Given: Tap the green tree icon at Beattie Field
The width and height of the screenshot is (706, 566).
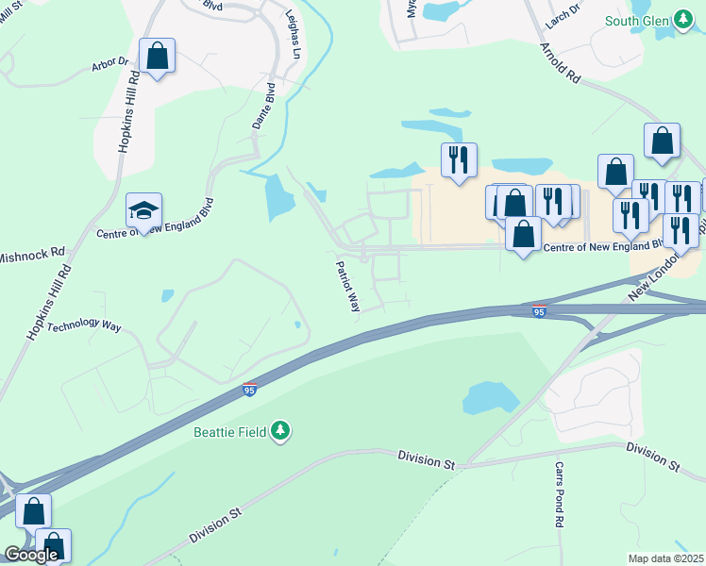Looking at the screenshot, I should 279,432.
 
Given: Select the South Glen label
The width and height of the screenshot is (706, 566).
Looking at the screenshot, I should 636,21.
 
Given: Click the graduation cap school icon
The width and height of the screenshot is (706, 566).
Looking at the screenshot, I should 144,210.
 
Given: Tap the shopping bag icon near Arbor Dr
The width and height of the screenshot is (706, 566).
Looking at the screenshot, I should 157,56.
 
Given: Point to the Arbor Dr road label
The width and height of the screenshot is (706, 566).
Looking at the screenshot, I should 109,64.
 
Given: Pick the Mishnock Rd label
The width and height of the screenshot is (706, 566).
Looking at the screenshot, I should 32,255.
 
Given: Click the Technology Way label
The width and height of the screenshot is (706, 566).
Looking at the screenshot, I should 84,326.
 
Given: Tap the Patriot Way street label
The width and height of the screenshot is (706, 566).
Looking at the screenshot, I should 348,287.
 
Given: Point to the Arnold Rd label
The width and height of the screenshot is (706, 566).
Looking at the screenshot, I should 560,64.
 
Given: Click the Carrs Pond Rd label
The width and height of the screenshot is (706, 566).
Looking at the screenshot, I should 559,494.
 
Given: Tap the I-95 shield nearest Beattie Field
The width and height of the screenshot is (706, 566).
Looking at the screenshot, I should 249,389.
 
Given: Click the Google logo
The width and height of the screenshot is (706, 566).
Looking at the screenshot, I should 30,554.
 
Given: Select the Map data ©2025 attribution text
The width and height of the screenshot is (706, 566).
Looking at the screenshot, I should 664,558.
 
